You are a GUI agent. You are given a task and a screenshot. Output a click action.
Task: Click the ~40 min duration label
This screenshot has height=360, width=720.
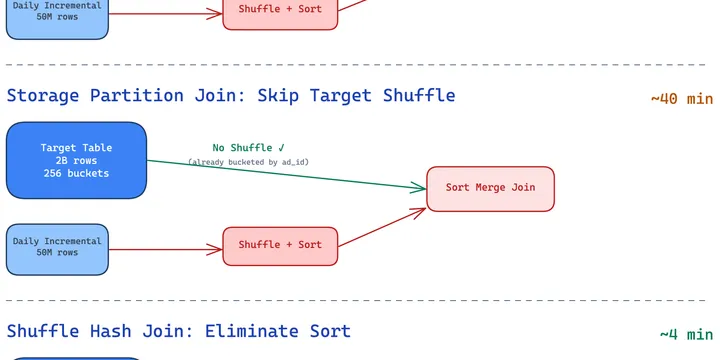point(681,99)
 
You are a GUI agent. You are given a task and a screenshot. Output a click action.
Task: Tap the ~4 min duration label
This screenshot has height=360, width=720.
point(686,334)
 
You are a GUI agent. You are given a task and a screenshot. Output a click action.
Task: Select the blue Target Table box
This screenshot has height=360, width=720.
point(77,160)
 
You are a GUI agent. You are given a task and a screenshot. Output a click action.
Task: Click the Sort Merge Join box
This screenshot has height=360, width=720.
point(490,188)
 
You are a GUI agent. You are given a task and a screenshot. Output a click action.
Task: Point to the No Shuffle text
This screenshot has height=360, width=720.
point(242,148)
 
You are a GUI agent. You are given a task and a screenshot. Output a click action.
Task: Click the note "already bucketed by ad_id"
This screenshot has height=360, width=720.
point(249,162)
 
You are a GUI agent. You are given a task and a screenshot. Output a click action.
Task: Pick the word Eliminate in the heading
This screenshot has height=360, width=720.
point(254,331)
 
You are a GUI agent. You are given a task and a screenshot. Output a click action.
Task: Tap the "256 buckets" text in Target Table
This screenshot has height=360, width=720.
point(77,173)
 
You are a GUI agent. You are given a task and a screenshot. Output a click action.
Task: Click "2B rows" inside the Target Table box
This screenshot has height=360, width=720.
point(77,160)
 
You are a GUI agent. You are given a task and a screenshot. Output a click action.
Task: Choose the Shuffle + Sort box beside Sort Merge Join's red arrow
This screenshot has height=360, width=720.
point(280,245)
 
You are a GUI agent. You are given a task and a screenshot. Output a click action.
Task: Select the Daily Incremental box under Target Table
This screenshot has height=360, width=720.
point(57,248)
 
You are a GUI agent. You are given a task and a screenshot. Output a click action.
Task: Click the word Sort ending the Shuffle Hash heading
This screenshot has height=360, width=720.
point(328,331)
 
